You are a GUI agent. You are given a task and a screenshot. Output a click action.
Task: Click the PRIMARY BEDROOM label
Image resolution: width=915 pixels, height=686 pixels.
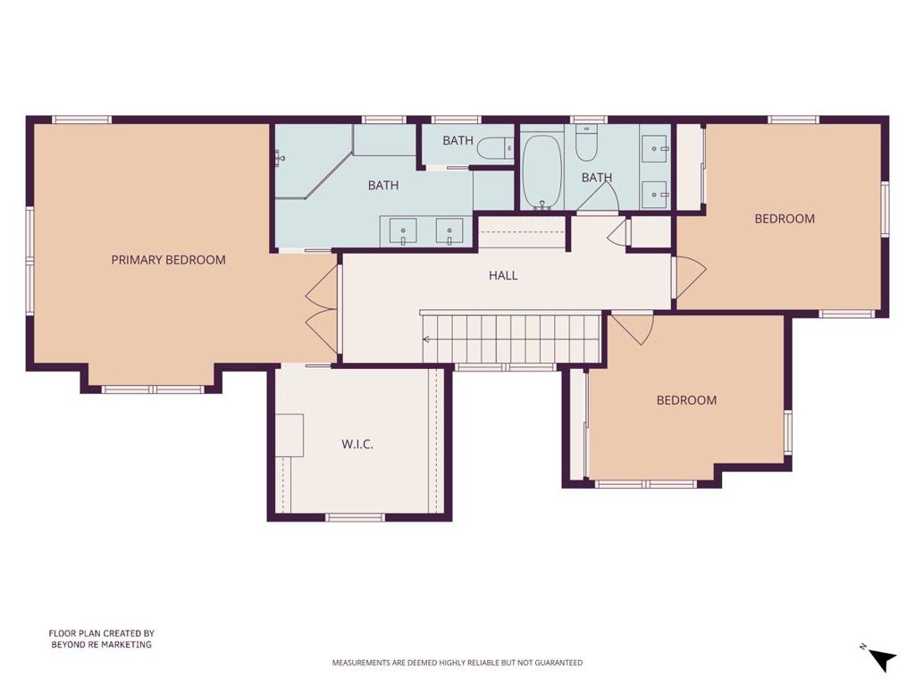(168, 260)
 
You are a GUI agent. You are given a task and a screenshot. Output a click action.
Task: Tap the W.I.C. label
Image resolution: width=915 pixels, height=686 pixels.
(357, 445)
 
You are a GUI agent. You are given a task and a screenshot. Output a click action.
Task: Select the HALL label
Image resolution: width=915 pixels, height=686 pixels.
(503, 275)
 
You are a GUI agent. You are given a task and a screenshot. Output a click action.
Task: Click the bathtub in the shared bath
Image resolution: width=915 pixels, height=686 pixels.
(542, 172)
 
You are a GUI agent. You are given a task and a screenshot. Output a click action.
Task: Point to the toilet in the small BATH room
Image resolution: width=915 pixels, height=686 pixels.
(494, 148)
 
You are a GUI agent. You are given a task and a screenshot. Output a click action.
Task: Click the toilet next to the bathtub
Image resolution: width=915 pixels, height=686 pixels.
(586, 144)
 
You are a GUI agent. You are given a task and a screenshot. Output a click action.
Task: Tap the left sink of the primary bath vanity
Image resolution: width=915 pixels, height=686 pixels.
(403, 231)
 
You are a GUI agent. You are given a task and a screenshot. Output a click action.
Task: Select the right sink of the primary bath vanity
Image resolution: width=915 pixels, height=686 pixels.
(449, 231)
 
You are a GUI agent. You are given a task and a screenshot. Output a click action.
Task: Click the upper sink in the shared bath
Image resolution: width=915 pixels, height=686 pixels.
(656, 149)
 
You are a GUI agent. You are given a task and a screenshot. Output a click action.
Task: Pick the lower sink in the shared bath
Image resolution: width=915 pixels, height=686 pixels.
(656, 194)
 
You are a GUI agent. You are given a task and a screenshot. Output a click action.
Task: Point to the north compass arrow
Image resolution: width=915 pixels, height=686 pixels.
(882, 659)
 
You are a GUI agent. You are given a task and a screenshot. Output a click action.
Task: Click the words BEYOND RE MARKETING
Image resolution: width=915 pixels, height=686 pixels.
(101, 645)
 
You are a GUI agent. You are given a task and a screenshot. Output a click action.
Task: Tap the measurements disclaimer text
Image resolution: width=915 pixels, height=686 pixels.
(457, 663)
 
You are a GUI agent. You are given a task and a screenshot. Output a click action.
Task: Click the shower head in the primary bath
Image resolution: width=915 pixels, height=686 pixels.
(280, 156)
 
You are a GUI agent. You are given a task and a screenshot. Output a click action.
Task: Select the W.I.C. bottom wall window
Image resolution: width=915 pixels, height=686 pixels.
(355, 517)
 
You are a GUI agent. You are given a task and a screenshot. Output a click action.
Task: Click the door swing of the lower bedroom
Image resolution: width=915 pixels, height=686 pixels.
(633, 330)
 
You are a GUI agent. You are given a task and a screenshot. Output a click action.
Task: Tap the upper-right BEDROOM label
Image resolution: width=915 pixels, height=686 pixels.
(785, 219)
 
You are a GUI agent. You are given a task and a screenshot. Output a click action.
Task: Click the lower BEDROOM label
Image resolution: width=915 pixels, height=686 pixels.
(686, 400)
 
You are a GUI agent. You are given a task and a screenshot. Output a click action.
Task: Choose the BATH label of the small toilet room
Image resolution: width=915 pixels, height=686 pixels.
(457, 140)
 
